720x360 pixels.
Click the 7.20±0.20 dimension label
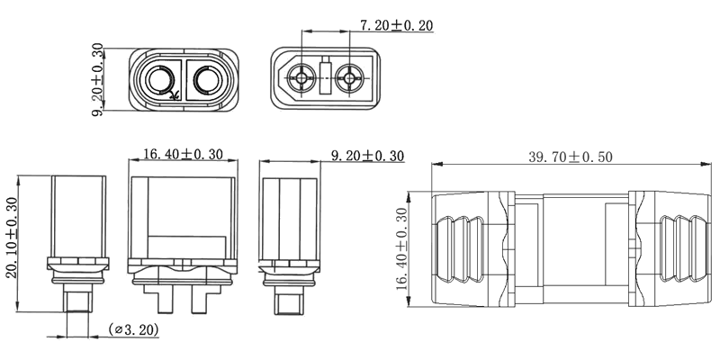click(x=396, y=24)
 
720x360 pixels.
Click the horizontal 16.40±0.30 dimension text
click(x=183, y=155)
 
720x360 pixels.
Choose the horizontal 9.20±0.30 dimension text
click(x=367, y=156)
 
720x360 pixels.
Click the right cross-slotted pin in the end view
click(x=349, y=79)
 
